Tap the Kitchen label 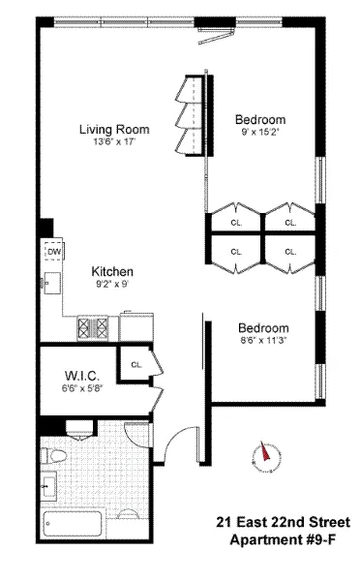(x=113, y=271)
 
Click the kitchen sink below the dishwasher (x=50, y=284)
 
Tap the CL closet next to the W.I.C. (x=135, y=365)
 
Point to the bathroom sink (x=50, y=484)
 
